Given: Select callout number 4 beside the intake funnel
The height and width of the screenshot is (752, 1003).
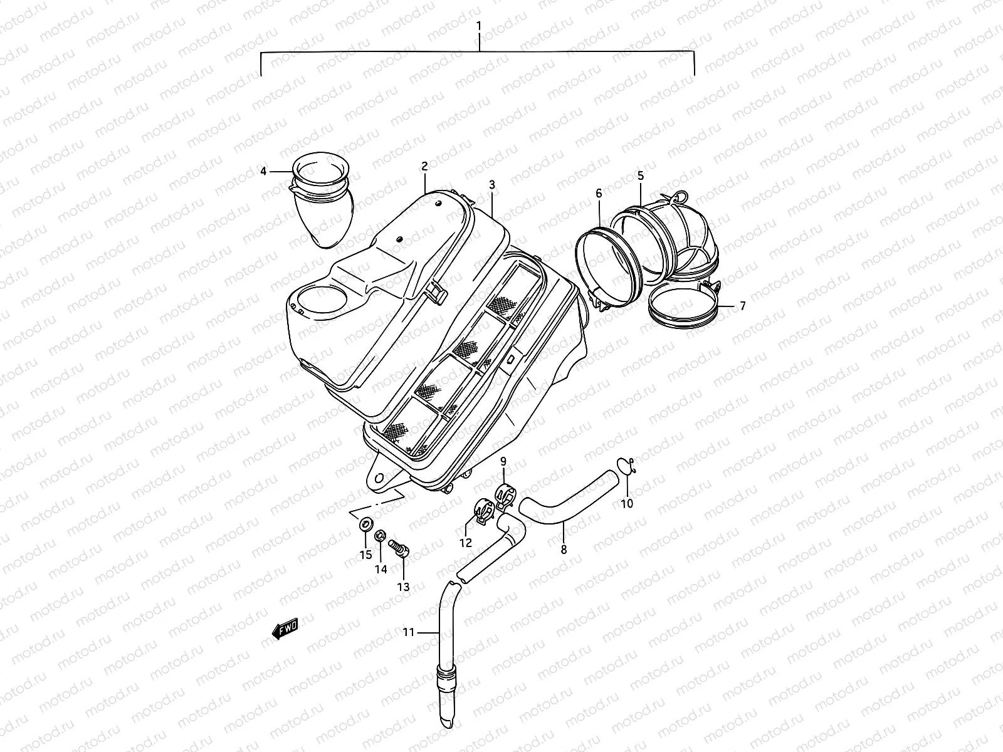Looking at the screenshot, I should (x=264, y=171).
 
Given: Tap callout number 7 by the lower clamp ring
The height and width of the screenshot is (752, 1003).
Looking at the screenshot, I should (x=742, y=306).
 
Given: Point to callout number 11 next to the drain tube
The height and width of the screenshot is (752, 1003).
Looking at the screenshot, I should (x=408, y=633).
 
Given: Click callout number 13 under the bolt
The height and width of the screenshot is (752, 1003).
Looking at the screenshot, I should (x=403, y=587).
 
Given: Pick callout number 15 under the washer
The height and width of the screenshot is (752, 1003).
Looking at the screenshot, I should (x=365, y=555).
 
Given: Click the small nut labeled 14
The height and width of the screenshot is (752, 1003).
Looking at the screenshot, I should (x=380, y=536).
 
